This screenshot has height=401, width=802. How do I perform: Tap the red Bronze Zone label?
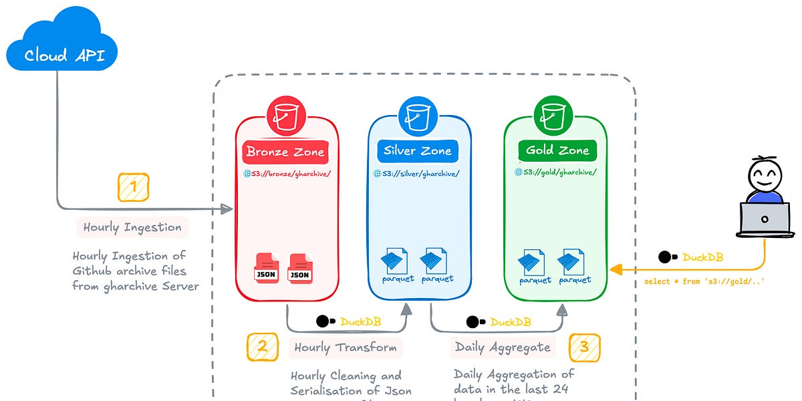click(285, 152)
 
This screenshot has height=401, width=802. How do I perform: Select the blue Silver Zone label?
click(418, 152)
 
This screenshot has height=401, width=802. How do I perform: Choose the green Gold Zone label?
click(557, 151)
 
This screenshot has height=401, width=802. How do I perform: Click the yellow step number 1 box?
click(133, 187)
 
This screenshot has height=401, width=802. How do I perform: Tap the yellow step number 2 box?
click(263, 347)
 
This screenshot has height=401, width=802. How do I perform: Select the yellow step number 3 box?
click(584, 347)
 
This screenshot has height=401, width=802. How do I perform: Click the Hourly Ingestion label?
click(132, 227)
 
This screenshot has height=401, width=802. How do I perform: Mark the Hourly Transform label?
click(346, 348)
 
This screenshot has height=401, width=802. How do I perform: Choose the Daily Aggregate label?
click(503, 348)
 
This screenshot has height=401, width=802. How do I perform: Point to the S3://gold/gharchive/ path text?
click(555, 172)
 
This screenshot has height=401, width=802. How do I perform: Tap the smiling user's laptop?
click(765, 220)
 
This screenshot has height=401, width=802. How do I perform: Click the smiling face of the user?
click(764, 176)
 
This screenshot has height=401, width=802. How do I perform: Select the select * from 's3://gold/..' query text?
click(704, 281)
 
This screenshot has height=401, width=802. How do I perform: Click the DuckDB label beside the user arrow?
click(703, 257)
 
